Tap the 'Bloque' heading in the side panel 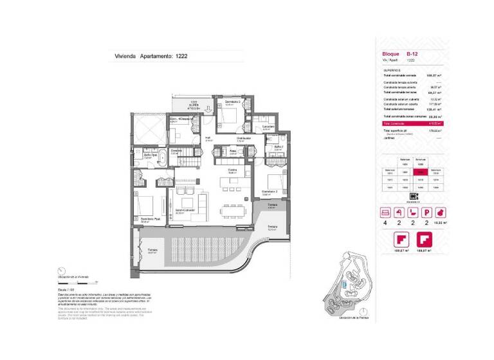click(390, 54)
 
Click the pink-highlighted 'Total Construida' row click(412, 122)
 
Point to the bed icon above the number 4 click(386, 212)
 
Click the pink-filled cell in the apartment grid click(420, 172)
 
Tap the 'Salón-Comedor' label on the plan click(184, 210)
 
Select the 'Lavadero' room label click(269, 127)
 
